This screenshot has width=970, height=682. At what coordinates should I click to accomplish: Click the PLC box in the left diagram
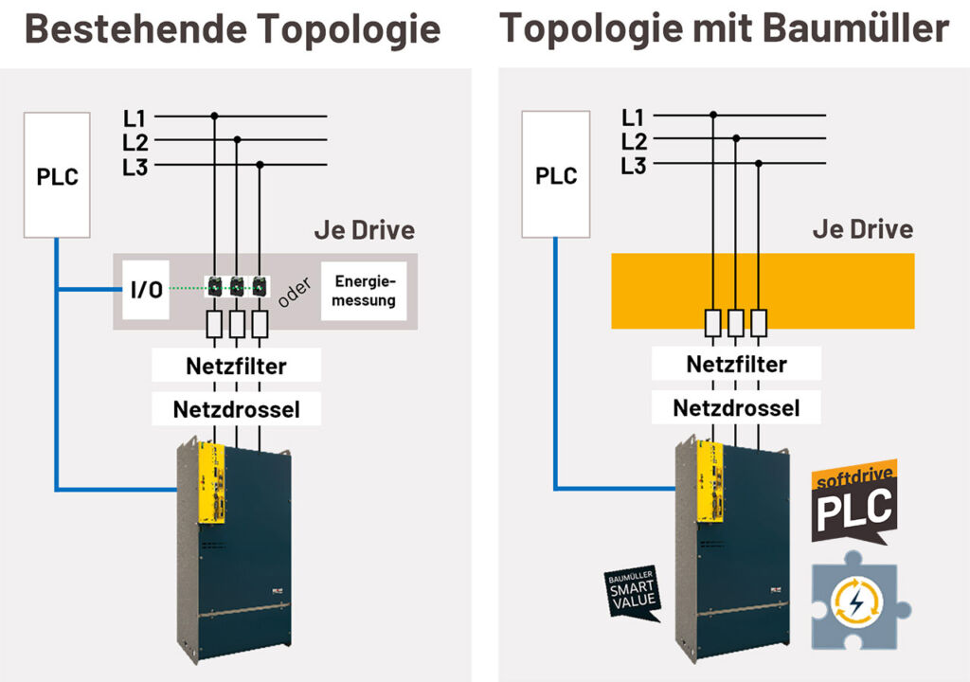pos(57,175)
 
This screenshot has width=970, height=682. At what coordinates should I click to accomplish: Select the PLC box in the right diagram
pos(556,175)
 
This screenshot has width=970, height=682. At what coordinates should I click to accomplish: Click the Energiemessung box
pos(365,291)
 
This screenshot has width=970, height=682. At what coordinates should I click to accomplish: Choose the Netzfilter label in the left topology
pos(236,366)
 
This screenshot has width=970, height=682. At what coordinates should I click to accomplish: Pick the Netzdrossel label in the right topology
pos(736,408)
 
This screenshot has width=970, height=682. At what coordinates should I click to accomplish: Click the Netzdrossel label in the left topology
pos(236,409)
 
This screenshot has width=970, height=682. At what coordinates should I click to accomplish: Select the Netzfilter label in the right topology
pos(736,365)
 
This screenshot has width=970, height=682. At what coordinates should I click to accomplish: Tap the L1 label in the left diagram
pos(135,118)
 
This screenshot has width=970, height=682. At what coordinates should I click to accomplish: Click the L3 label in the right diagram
pos(634,167)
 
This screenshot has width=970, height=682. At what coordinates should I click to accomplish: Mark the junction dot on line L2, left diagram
pos(237,140)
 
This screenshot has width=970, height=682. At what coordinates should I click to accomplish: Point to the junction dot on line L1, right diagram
pos(713,116)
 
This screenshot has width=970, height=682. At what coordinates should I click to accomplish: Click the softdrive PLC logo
pos(855,502)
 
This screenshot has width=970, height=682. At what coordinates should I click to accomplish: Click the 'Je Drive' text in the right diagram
pos(863,229)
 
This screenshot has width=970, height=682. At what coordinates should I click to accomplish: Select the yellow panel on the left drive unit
pos(209,482)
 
